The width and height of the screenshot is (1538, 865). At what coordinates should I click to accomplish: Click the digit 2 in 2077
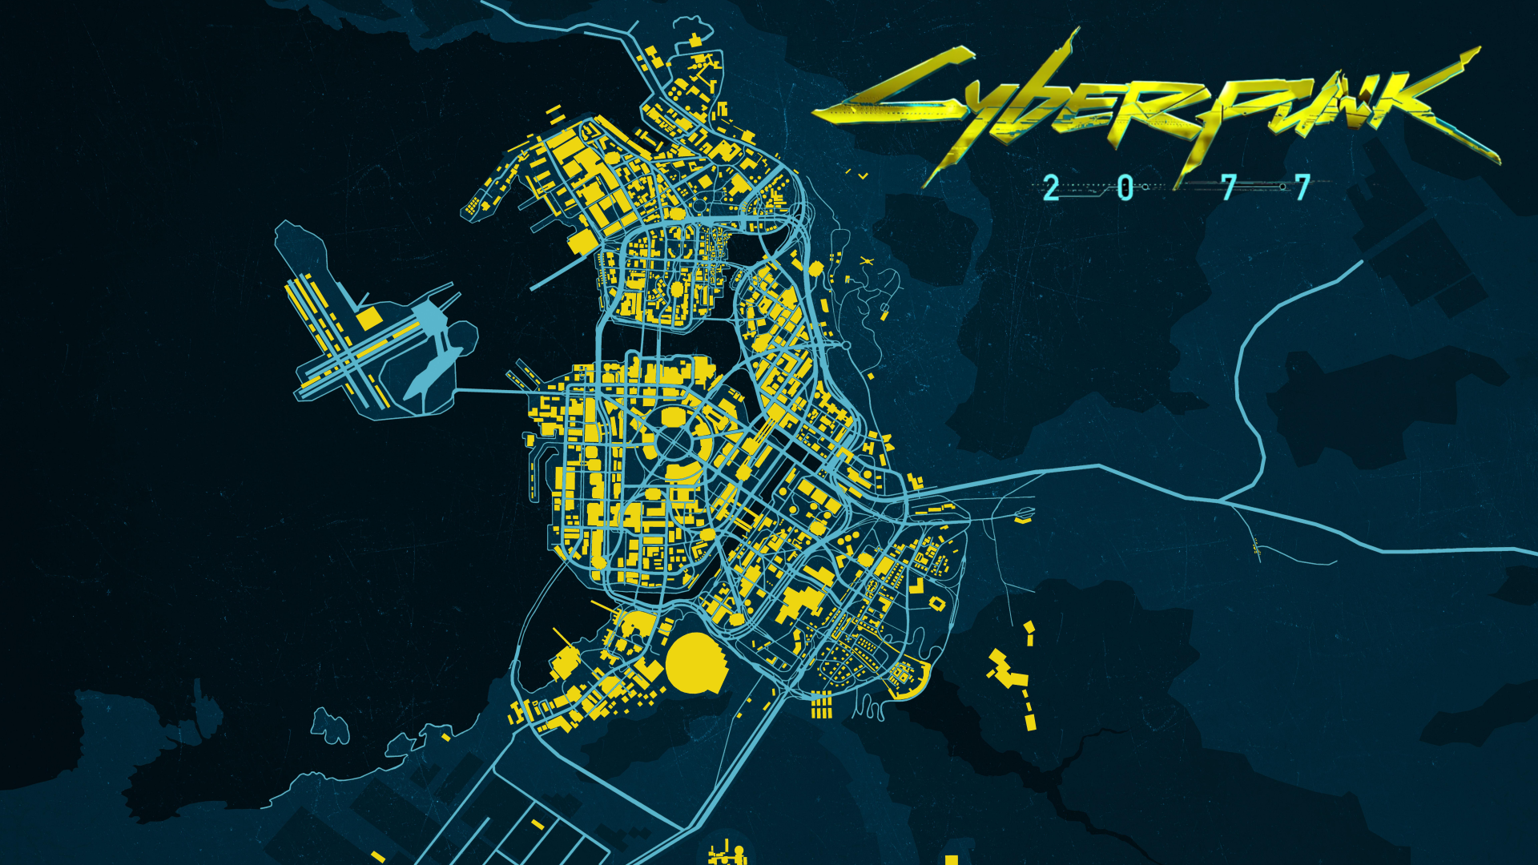click(x=1051, y=189)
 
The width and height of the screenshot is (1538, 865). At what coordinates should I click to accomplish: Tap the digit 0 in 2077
click(x=1125, y=189)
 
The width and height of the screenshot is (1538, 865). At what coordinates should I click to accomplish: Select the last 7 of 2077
click(x=1302, y=188)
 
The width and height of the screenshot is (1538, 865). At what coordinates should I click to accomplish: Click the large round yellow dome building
click(x=695, y=662)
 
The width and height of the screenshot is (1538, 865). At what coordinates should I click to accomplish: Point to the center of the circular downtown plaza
click(x=673, y=442)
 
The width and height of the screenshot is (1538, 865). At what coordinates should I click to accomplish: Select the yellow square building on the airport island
click(x=368, y=319)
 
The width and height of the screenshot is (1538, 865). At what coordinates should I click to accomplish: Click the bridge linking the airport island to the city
click(x=489, y=392)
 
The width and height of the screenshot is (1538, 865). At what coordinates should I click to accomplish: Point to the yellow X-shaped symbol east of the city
click(x=865, y=261)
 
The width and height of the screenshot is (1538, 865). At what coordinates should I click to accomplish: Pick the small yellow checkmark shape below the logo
click(x=863, y=175)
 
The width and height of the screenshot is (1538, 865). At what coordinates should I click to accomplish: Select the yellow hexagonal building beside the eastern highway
click(x=816, y=268)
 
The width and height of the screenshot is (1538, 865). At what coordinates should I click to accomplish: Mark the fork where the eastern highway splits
click(x=1222, y=501)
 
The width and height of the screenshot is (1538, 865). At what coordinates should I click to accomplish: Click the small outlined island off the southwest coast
click(x=329, y=725)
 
